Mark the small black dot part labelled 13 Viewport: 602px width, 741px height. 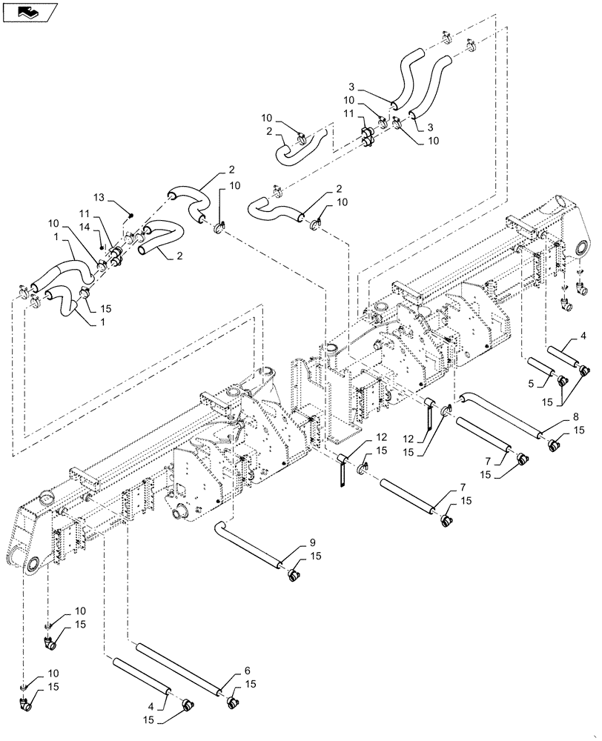tap(131, 215)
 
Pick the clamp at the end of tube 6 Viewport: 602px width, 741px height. tap(233, 697)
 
